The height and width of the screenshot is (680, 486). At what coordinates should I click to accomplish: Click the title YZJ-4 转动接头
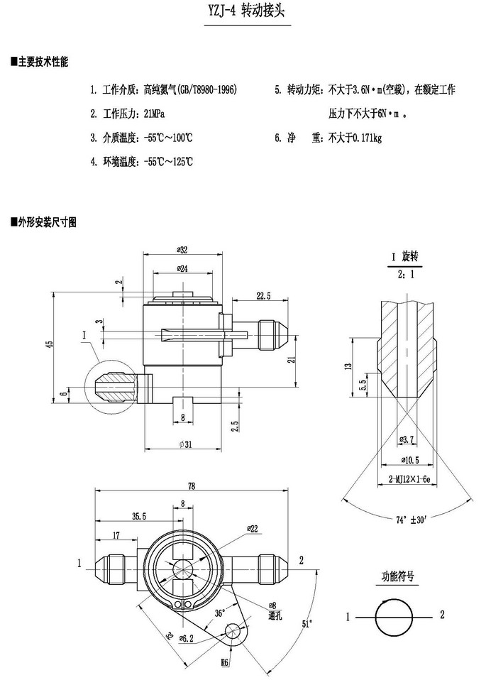pyautogui.click(x=243, y=12)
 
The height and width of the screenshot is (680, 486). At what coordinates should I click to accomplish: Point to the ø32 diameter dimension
pyautogui.click(x=182, y=250)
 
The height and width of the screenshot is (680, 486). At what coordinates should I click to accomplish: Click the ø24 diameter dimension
pyautogui.click(x=182, y=269)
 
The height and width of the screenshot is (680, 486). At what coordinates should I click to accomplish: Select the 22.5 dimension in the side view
pyautogui.click(x=263, y=295)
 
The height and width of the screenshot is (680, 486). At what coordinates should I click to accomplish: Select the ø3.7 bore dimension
pyautogui.click(x=408, y=441)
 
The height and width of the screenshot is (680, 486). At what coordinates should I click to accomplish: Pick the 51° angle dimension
pyautogui.click(x=307, y=623)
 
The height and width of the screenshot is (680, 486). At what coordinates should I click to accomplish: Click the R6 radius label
pyautogui.click(x=224, y=662)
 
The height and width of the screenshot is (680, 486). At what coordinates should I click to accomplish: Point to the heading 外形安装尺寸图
pyautogui.click(x=48, y=222)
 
